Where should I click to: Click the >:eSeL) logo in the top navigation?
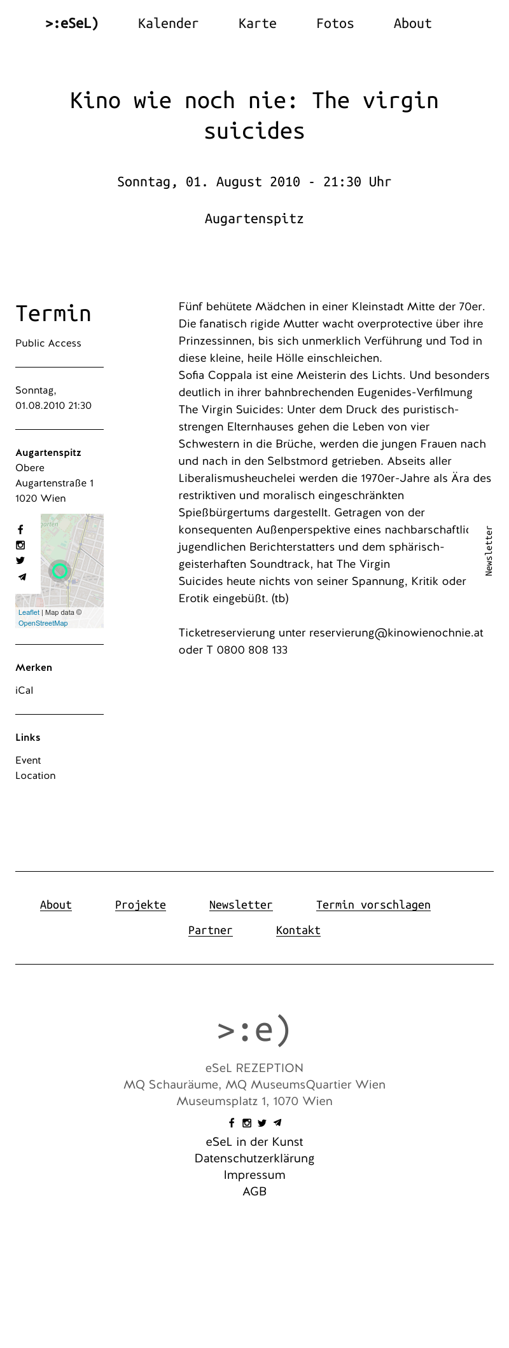72,24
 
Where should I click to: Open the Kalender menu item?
168,24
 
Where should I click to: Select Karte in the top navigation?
257,24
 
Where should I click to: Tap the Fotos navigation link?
335,24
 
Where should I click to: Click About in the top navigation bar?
412,24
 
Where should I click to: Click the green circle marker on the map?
60,570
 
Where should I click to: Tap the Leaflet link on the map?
29,612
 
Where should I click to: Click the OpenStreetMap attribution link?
43,623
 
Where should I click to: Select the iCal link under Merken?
24,691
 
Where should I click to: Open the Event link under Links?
28,760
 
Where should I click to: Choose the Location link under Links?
36,776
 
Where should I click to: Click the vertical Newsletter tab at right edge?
489,551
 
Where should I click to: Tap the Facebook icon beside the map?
20,530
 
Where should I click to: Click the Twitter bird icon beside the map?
20,560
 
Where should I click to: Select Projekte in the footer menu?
141,905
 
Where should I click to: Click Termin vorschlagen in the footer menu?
373,905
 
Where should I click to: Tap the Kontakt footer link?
298,930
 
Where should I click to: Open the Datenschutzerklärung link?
254,1159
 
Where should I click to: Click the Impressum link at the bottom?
254,1175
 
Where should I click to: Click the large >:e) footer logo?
254,1030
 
